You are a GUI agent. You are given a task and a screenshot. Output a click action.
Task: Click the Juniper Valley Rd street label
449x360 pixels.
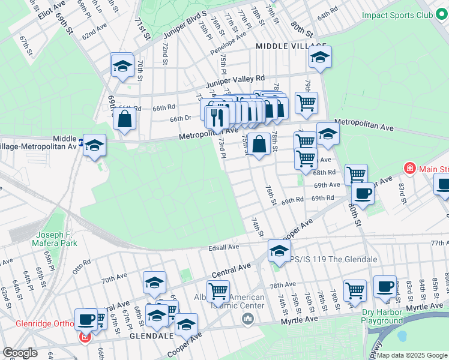point(235,79)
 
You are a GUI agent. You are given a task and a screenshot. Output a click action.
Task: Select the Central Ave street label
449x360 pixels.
point(231,266)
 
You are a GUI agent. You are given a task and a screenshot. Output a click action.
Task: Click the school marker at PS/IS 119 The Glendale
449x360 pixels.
point(279,252)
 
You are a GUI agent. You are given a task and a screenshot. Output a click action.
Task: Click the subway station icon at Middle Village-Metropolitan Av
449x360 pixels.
point(81,142)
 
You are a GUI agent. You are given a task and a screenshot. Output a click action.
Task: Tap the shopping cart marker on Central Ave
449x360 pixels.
point(218,292)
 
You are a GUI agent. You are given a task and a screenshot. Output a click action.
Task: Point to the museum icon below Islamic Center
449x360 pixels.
point(248,318)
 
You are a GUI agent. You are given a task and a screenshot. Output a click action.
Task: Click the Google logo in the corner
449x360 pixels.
point(20,353)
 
